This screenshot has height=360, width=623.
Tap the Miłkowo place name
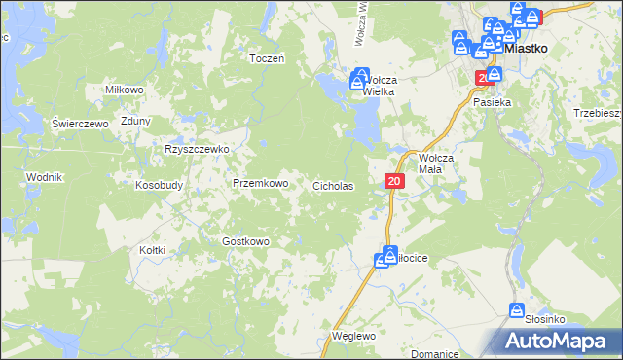tap(124, 90)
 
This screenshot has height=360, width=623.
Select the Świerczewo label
tap(79, 124)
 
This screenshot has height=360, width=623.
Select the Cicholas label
tap(332, 185)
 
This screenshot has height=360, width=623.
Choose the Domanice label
tap(433, 353)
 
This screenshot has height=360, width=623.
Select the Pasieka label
tap(492, 102)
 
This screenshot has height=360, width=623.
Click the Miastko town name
tap(527, 47)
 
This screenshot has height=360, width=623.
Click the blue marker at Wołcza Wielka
tap(360, 76)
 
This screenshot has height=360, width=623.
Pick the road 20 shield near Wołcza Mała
tap(393, 181)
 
